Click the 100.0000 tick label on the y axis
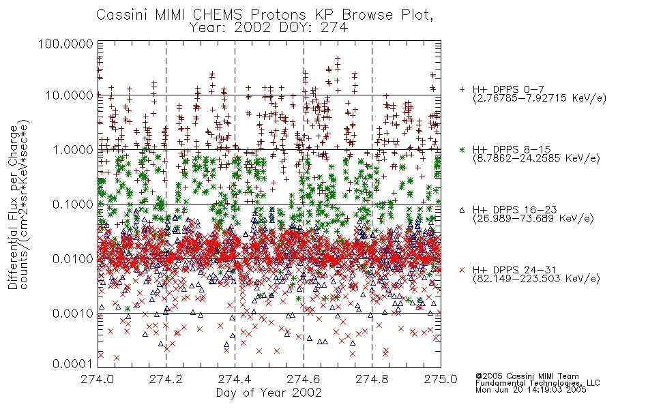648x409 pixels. (x=65, y=44)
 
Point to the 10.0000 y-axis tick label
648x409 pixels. (x=69, y=95)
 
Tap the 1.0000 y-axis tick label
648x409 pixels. (x=73, y=149)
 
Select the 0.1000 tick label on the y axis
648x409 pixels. (x=73, y=204)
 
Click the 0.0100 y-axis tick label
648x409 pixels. (x=73, y=259)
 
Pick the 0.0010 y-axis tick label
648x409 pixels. (x=73, y=314)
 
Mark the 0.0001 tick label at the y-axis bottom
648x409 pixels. (x=73, y=363)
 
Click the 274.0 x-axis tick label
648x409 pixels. (x=98, y=379)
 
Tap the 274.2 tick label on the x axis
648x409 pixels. (x=166, y=379)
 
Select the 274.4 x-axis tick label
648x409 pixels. (x=235, y=379)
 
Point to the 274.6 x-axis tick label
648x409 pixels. (x=304, y=379)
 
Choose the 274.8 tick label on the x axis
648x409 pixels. (x=372, y=379)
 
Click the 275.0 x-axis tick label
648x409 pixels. (x=441, y=379)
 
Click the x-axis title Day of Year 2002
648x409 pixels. (x=269, y=392)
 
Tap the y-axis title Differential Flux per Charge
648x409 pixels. (x=13, y=207)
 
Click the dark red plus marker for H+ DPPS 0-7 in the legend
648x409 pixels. (x=462, y=89)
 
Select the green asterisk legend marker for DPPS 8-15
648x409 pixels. (x=462, y=149)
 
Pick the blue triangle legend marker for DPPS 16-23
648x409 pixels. (x=462, y=210)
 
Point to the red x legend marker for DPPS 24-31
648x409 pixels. (x=462, y=270)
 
